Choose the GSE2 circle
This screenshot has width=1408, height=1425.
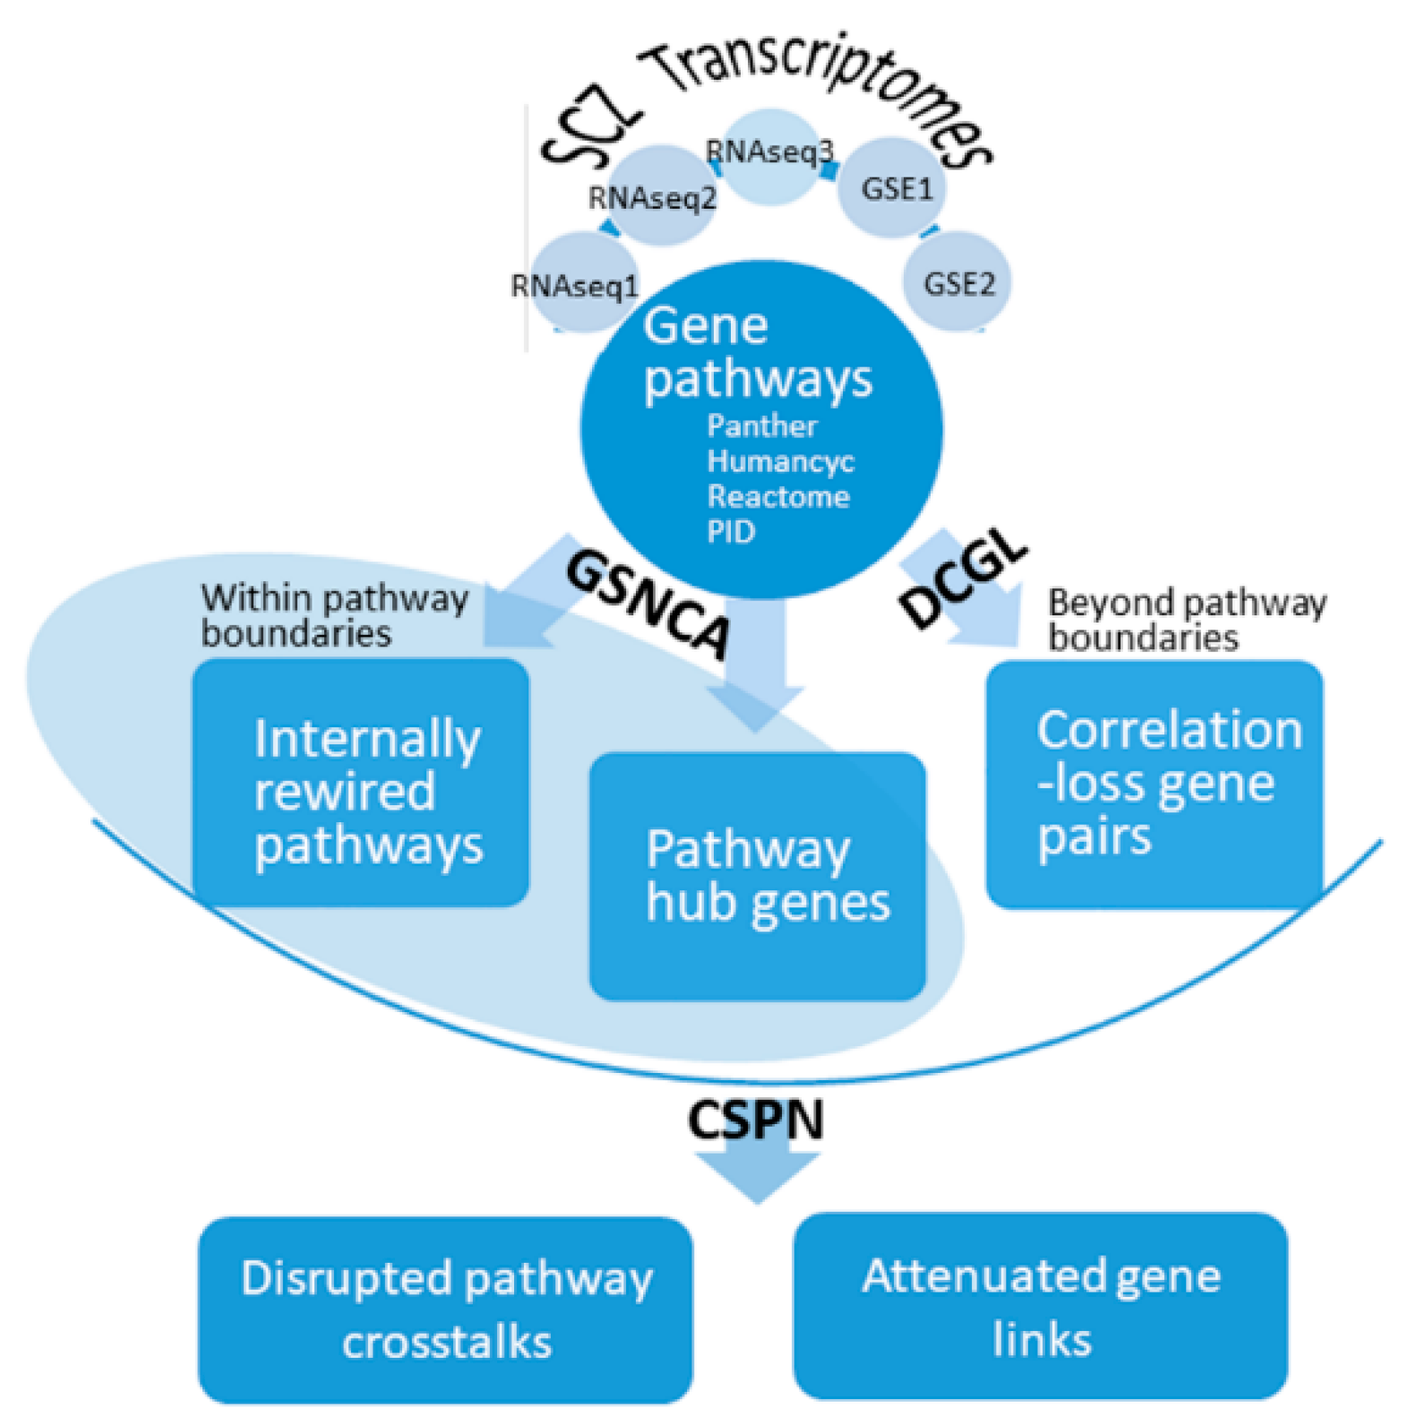tap(957, 283)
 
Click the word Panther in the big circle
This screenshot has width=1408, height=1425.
tap(761, 425)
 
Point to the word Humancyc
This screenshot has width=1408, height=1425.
tap(780, 461)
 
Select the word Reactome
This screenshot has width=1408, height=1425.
tap(777, 496)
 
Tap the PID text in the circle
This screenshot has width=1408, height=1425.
tap(731, 532)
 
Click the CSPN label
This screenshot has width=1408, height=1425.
tap(755, 1120)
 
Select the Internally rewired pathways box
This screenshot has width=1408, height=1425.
tap(360, 784)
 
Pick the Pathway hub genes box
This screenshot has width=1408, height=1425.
tap(757, 876)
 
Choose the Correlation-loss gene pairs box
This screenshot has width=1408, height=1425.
tap(1154, 784)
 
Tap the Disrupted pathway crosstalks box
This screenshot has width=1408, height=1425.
tap(445, 1309)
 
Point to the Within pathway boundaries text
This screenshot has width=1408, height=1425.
tap(333, 615)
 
